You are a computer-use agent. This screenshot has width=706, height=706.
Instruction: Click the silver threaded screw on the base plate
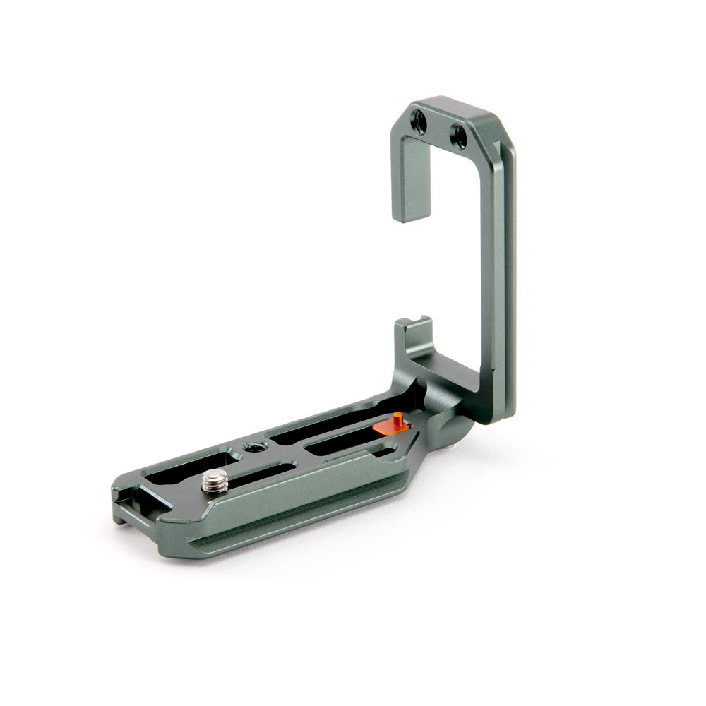213,482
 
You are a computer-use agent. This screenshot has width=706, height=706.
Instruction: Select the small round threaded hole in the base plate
252,446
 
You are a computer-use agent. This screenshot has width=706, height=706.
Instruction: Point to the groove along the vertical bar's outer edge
507,282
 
